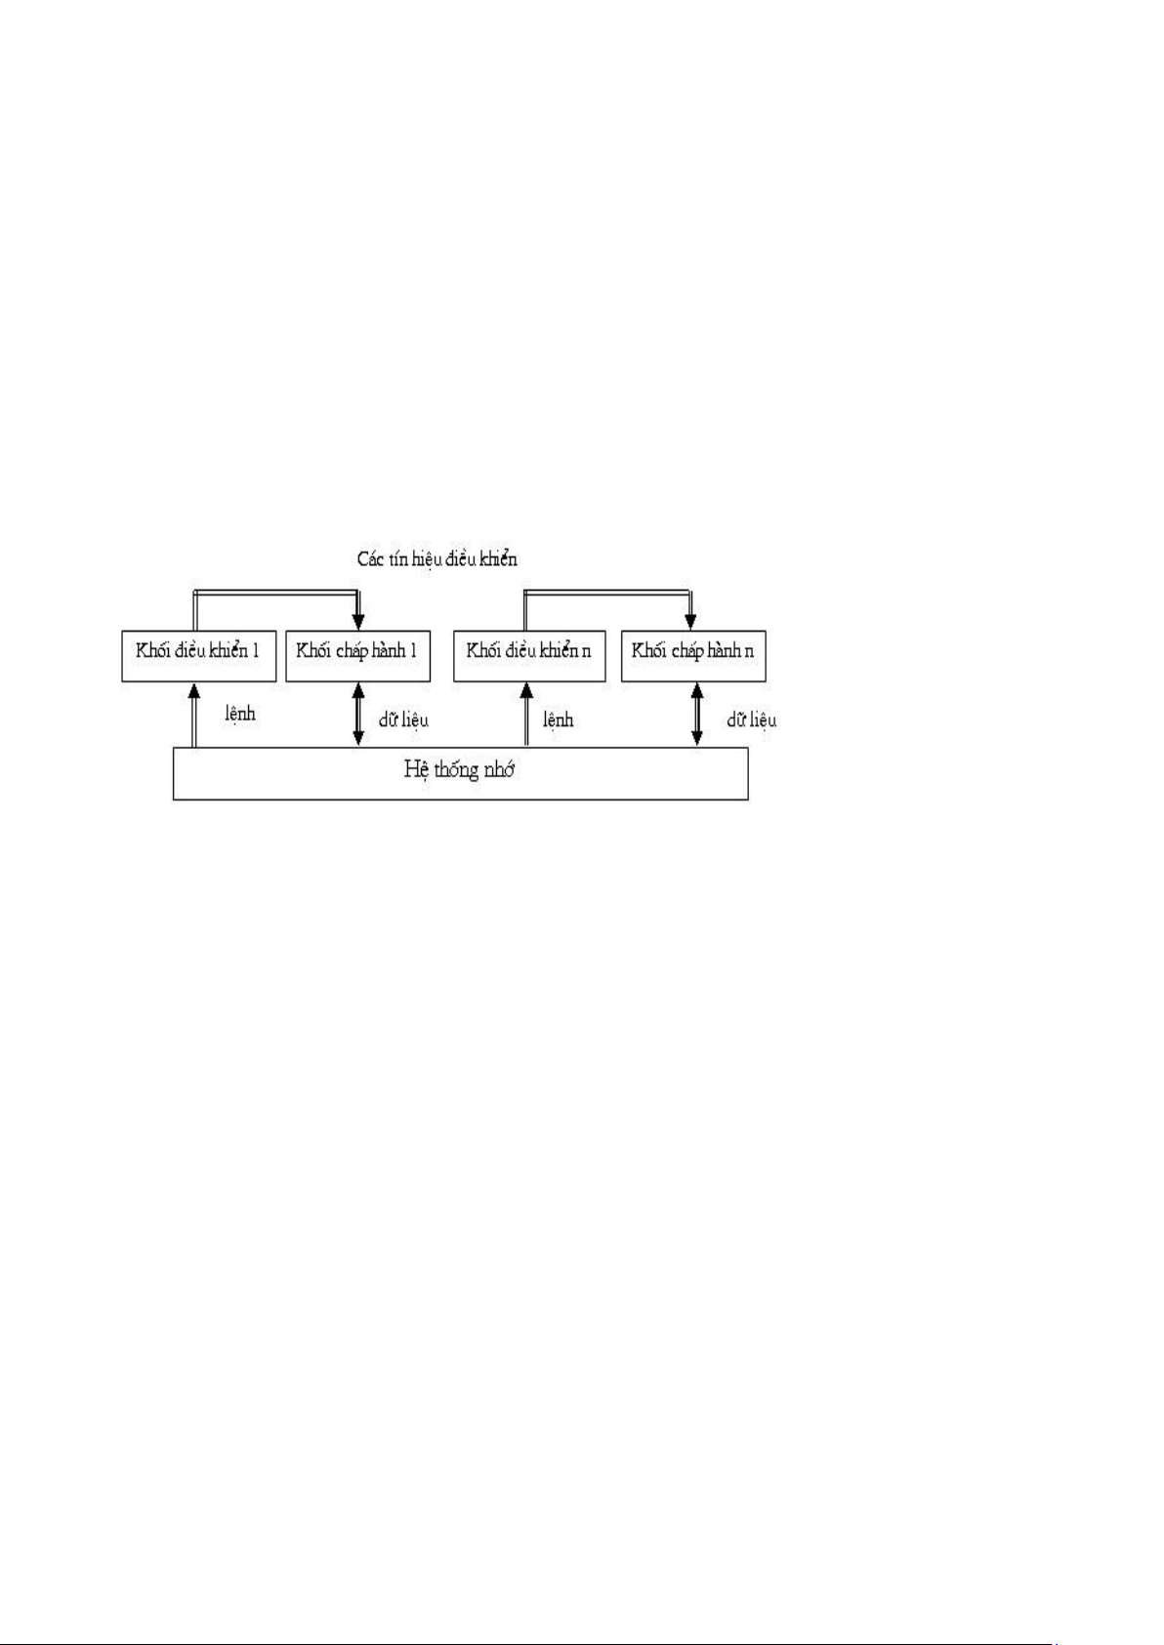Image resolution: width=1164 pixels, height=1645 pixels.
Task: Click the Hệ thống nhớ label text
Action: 459,770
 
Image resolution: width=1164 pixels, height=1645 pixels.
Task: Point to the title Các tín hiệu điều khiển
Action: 437,558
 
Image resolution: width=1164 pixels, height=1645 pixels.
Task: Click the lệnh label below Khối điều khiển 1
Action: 240,713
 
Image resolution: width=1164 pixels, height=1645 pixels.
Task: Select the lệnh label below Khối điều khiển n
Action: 559,720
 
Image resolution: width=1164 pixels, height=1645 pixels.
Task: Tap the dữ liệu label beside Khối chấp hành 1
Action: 403,720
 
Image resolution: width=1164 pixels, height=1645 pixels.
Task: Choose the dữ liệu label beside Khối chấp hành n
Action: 751,720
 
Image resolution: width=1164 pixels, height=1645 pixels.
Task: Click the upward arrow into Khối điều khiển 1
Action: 194,716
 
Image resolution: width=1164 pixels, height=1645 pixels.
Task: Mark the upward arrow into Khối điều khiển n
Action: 525,716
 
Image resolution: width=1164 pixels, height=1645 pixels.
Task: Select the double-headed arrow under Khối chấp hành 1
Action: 358,715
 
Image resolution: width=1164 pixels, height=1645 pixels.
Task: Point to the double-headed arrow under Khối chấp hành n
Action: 697,715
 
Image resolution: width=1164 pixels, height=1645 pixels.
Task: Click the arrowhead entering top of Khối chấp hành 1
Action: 358,623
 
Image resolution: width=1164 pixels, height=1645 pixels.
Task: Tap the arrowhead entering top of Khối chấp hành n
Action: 690,623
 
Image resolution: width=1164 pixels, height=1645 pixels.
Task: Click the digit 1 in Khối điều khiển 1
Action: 256,650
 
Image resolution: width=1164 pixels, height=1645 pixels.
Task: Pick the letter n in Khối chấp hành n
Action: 748,652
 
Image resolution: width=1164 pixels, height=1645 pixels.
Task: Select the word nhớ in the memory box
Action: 496,769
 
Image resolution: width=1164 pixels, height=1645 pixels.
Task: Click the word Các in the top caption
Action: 372,558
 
